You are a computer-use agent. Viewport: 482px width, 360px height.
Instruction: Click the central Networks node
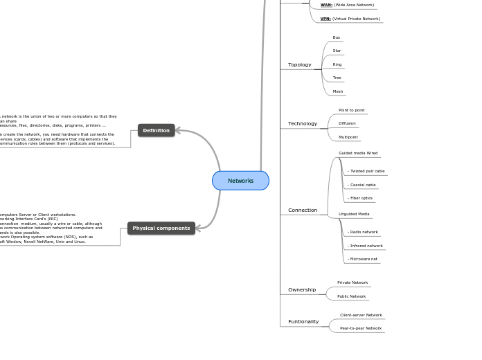pos(240,181)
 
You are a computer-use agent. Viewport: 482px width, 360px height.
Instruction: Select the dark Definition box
pos(156,130)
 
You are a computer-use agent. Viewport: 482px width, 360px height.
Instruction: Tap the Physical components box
pos(161,228)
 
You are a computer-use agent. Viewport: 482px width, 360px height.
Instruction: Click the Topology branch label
pos(299,65)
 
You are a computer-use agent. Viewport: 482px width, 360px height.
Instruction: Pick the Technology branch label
pos(302,124)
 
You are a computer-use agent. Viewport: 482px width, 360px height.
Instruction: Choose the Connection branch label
pos(302,210)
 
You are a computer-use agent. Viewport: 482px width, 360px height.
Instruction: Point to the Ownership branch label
pos(301,289)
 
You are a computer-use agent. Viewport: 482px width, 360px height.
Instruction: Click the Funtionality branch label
pos(303,321)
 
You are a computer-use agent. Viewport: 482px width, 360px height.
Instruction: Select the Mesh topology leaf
pos(337,91)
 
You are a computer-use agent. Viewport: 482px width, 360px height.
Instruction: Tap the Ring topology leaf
pos(337,64)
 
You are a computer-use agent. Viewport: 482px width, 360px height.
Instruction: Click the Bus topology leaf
pos(336,37)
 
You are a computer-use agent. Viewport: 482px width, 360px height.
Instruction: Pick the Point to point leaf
pos(351,110)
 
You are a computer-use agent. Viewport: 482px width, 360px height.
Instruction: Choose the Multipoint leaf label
pos(348,137)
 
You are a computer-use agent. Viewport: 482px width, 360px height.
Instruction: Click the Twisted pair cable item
pos(366,171)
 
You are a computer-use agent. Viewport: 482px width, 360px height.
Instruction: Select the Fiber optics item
pos(361,198)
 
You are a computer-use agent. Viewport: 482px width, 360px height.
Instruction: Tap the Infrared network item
pos(366,246)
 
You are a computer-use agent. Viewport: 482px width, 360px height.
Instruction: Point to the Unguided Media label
pos(353,214)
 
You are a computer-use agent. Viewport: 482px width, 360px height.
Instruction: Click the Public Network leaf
pos(351,296)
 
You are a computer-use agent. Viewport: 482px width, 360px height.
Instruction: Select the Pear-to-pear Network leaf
pos(360,328)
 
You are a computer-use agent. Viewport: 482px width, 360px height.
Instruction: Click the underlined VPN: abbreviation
pos(325,19)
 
